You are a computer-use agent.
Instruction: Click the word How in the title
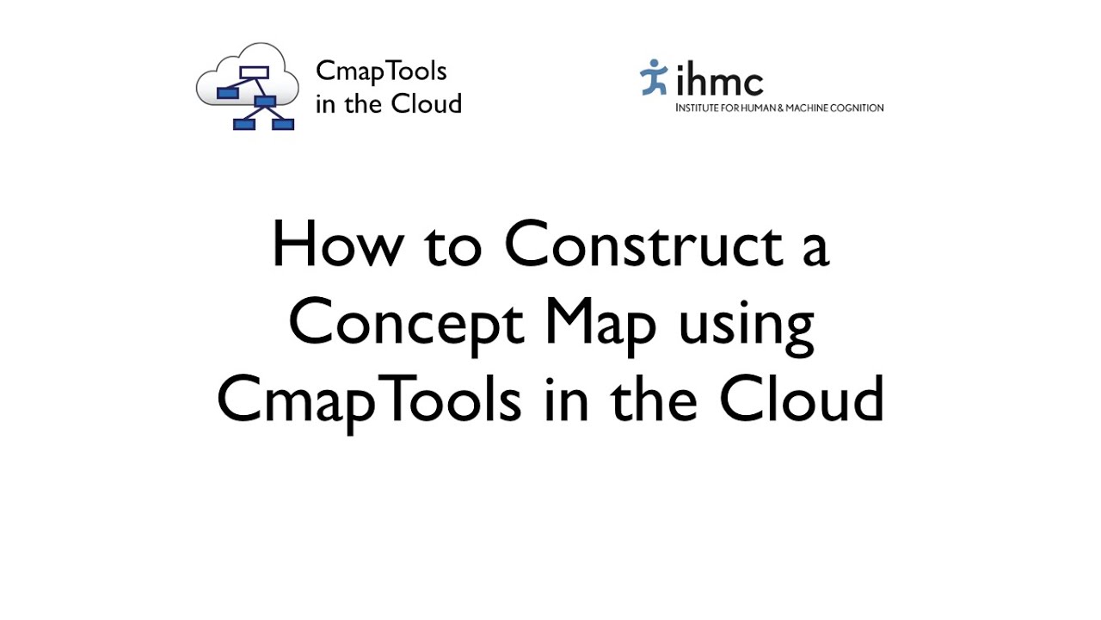coord(336,245)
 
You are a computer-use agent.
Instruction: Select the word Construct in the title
coord(643,245)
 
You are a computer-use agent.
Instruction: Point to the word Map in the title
coord(601,325)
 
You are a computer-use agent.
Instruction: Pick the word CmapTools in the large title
coord(368,401)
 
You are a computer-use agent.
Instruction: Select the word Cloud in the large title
coord(802,400)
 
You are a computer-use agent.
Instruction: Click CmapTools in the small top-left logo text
coord(381,71)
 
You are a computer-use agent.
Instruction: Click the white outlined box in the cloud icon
coord(254,72)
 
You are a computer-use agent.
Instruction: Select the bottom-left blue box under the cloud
coord(244,124)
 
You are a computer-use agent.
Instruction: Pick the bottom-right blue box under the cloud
coord(283,124)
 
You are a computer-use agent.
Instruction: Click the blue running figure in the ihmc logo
coord(654,77)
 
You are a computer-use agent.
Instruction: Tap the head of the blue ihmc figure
coord(659,64)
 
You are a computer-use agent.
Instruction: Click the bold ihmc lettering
coord(719,82)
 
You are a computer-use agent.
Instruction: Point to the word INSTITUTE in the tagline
coord(698,108)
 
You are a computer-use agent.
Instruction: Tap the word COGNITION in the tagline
coord(858,108)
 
